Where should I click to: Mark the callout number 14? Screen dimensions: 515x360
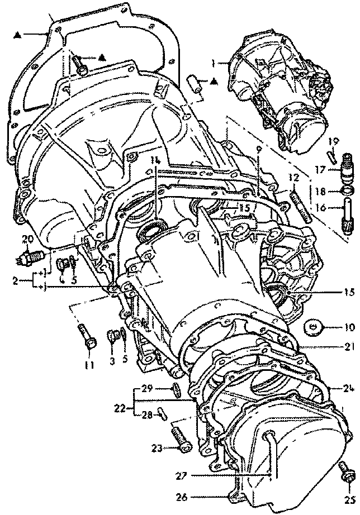[x=155, y=160]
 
